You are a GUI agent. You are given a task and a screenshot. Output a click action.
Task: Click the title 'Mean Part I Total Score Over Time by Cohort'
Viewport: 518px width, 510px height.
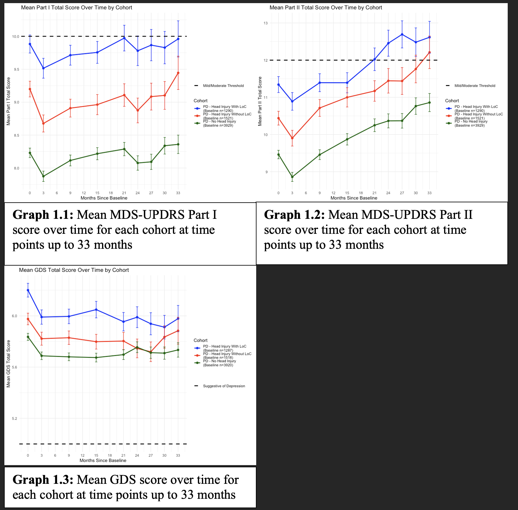76,7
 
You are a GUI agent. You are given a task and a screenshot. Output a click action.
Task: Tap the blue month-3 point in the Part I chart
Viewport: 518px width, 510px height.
43,68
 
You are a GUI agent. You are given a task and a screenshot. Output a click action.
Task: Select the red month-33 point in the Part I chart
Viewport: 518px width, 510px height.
178,73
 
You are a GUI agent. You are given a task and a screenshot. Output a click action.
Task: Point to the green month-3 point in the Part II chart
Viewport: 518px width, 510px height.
292,177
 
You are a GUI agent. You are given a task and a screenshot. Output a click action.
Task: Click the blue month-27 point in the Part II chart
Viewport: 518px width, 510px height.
402,34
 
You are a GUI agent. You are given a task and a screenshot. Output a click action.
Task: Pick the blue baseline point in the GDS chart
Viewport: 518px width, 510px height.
28,290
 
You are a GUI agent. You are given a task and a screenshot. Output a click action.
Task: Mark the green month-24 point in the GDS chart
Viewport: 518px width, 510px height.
137,348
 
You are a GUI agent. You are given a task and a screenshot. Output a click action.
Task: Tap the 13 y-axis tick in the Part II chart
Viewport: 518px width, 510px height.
266,23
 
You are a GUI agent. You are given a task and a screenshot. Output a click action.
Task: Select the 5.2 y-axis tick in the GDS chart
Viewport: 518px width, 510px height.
14,418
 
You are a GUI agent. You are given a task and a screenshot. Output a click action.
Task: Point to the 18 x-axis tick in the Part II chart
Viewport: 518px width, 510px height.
361,193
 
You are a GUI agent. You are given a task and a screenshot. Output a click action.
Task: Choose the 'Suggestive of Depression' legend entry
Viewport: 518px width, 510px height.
224,386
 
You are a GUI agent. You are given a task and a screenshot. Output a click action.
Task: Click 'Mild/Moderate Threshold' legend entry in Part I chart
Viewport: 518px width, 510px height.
223,86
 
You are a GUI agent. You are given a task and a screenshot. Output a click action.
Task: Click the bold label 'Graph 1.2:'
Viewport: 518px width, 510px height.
294,215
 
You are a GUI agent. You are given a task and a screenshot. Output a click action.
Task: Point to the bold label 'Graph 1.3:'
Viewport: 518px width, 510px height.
43,480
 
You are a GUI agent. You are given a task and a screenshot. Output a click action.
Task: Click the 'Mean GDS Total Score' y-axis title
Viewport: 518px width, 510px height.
8,363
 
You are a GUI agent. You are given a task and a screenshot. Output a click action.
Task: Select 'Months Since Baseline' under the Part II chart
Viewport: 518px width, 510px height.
354,198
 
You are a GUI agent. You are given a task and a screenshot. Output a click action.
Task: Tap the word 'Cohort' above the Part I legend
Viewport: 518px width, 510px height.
200,101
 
